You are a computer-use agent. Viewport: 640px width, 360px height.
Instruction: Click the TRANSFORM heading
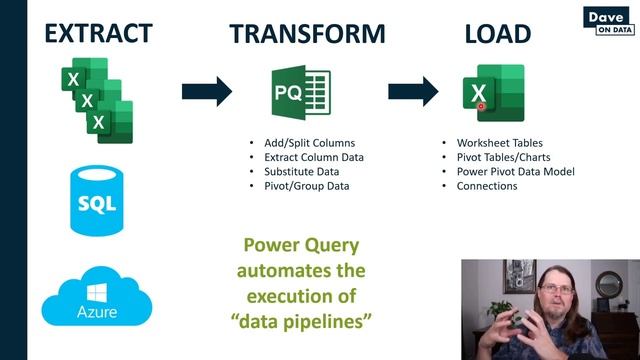pos(307,33)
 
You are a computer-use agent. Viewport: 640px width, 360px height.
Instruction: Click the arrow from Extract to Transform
pos(207,91)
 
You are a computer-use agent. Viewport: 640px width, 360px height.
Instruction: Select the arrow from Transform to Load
pos(413,91)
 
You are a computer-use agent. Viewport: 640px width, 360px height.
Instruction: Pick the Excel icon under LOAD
pos(491,92)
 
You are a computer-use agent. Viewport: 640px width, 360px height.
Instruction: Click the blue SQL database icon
pos(96,203)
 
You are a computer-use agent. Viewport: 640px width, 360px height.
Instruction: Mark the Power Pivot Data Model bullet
pos(516,171)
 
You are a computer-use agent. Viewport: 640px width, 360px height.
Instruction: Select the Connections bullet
pos(487,186)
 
